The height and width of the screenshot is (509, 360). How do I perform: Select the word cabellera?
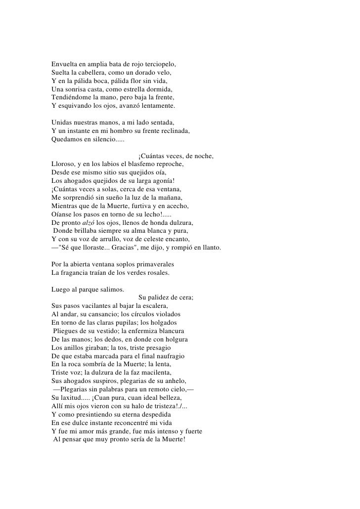pos(91,73)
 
